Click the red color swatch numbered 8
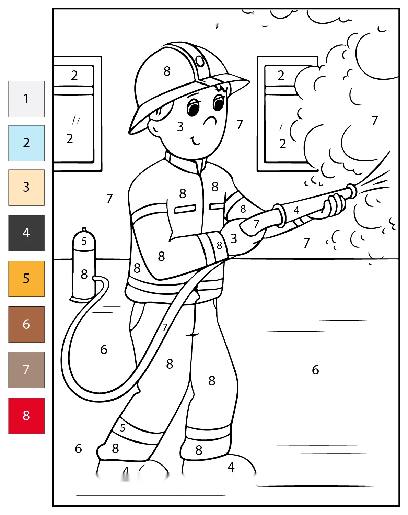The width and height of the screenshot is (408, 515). (26, 416)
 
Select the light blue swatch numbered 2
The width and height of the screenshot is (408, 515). (26, 143)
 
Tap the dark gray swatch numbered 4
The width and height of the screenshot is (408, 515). (26, 233)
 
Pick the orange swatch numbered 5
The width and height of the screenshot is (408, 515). (26, 279)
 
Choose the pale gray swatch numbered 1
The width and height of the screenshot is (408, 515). (26, 99)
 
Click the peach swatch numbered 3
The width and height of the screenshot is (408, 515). (26, 188)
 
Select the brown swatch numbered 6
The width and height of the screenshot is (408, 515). (26, 324)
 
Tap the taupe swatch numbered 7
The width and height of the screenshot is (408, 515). (26, 370)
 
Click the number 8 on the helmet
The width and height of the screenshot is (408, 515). (167, 71)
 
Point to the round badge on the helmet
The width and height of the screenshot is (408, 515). (200, 61)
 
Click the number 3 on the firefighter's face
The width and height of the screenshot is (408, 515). (180, 126)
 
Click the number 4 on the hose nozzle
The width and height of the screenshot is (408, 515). (296, 210)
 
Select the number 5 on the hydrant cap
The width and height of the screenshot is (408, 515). (84, 241)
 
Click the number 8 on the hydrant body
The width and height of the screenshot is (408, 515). (84, 274)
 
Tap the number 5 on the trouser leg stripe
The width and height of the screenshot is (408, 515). (123, 428)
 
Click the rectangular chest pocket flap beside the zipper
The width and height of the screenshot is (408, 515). (185, 209)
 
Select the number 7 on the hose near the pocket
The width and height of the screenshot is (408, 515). (164, 327)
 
